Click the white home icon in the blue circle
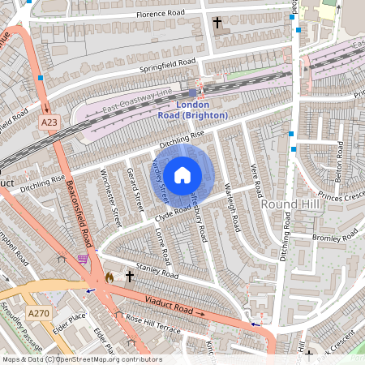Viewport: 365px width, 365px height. (182, 174)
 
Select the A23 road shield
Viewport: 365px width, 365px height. (49, 122)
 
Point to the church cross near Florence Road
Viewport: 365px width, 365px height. (217, 23)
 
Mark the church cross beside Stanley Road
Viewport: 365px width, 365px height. (129, 277)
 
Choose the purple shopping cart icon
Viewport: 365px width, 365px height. (83, 259)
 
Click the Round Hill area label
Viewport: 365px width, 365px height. (290, 204)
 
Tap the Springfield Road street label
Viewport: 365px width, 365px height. (168, 62)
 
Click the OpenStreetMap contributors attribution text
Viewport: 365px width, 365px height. (81, 359)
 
